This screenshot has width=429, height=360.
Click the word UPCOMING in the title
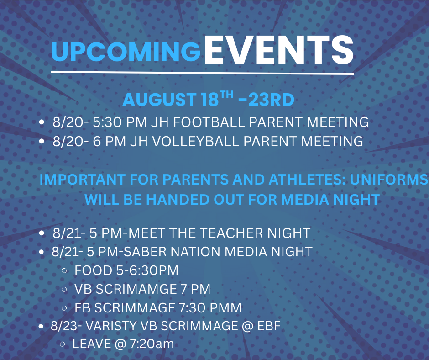tap(126, 52)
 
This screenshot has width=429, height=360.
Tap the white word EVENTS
tap(279, 50)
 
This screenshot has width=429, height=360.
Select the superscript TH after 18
tap(227, 95)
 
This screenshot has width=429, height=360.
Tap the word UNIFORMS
tap(389, 180)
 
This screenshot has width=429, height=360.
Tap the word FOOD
tap(93, 270)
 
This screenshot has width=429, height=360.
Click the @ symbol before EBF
tap(248, 326)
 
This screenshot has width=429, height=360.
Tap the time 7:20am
tap(152, 344)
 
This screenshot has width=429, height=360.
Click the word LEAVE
tap(92, 344)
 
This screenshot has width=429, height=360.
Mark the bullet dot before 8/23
tap(42, 326)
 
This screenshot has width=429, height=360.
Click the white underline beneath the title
tap(203, 73)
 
